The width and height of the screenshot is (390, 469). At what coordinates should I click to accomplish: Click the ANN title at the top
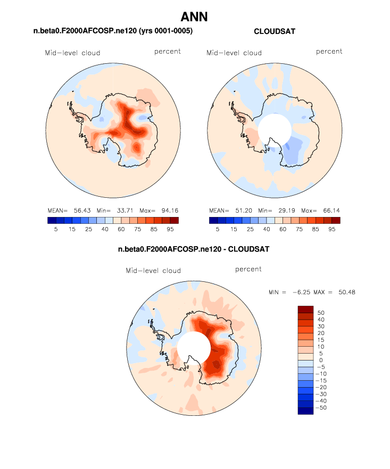coord(194,17)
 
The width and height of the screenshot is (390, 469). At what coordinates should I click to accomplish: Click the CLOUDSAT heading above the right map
coord(275,32)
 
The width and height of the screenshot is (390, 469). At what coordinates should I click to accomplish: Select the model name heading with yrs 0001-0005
coord(113,32)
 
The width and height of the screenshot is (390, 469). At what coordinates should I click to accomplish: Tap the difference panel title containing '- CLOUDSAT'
coord(194,249)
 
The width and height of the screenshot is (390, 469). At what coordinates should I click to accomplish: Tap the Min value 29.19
coord(284,210)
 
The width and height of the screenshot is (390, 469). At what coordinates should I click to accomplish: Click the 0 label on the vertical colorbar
coord(320,361)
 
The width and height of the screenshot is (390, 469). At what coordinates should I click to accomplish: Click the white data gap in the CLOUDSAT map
coord(275,129)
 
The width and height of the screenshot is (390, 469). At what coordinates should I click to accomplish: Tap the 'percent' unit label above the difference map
coord(248,270)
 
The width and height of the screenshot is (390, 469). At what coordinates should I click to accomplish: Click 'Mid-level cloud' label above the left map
coord(72,53)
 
